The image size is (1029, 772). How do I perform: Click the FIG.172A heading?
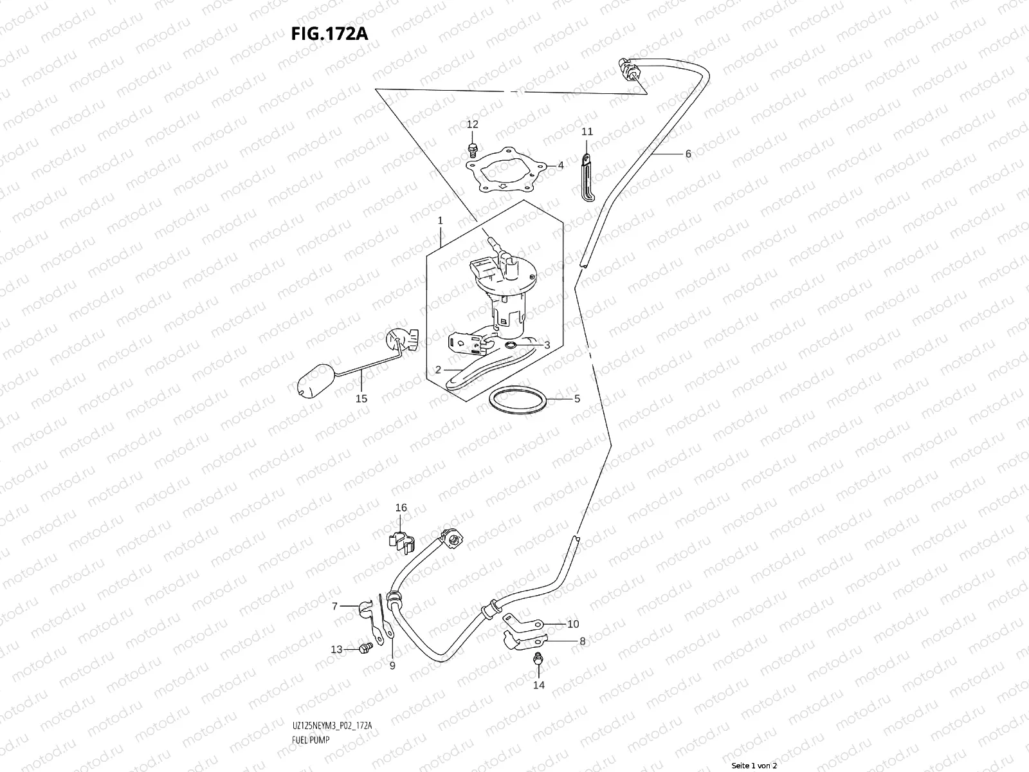(330, 34)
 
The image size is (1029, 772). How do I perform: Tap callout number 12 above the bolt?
(473, 124)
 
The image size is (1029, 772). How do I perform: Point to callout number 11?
(587, 132)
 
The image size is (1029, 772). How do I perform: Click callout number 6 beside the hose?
(688, 154)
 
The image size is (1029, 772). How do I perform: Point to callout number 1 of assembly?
(440, 221)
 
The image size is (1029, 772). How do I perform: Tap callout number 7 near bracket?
(334, 606)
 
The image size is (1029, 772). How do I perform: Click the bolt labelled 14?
(538, 659)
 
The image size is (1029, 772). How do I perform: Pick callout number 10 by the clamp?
(572, 624)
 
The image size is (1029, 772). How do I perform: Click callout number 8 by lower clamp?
(582, 641)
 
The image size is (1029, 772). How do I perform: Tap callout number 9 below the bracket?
(392, 666)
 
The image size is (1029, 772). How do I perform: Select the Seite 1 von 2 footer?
(754, 766)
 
